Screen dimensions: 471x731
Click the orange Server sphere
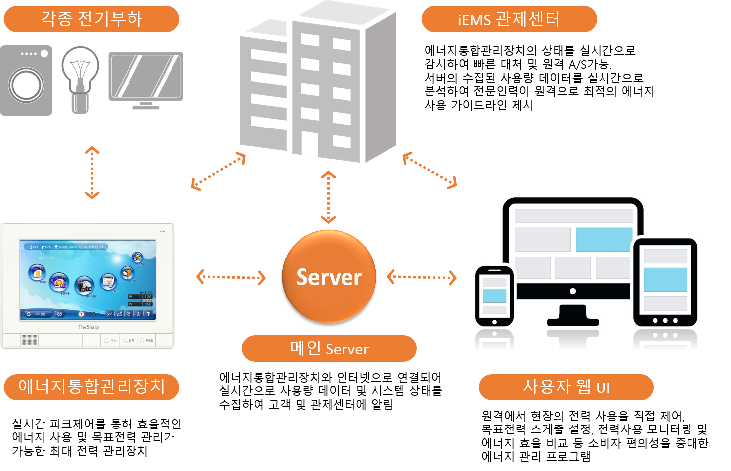329,276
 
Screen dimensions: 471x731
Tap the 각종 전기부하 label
91,19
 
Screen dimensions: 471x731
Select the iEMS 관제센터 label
509,19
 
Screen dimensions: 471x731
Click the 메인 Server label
329,348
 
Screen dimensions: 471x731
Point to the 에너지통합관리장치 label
91,386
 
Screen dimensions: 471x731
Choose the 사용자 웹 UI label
566,387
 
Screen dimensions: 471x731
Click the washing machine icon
27,81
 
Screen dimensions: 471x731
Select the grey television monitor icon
146,80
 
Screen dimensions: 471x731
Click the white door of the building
310,144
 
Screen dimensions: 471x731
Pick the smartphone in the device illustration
494,296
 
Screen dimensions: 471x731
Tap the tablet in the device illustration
665,282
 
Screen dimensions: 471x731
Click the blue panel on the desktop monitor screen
603,240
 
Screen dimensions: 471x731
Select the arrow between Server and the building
329,197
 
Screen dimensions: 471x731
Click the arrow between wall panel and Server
231,277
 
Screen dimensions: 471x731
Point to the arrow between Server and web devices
421,277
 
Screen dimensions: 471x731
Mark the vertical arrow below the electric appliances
92,172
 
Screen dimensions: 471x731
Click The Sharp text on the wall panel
88,327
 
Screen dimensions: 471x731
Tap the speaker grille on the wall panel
29,340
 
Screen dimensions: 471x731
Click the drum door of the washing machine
26,85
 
